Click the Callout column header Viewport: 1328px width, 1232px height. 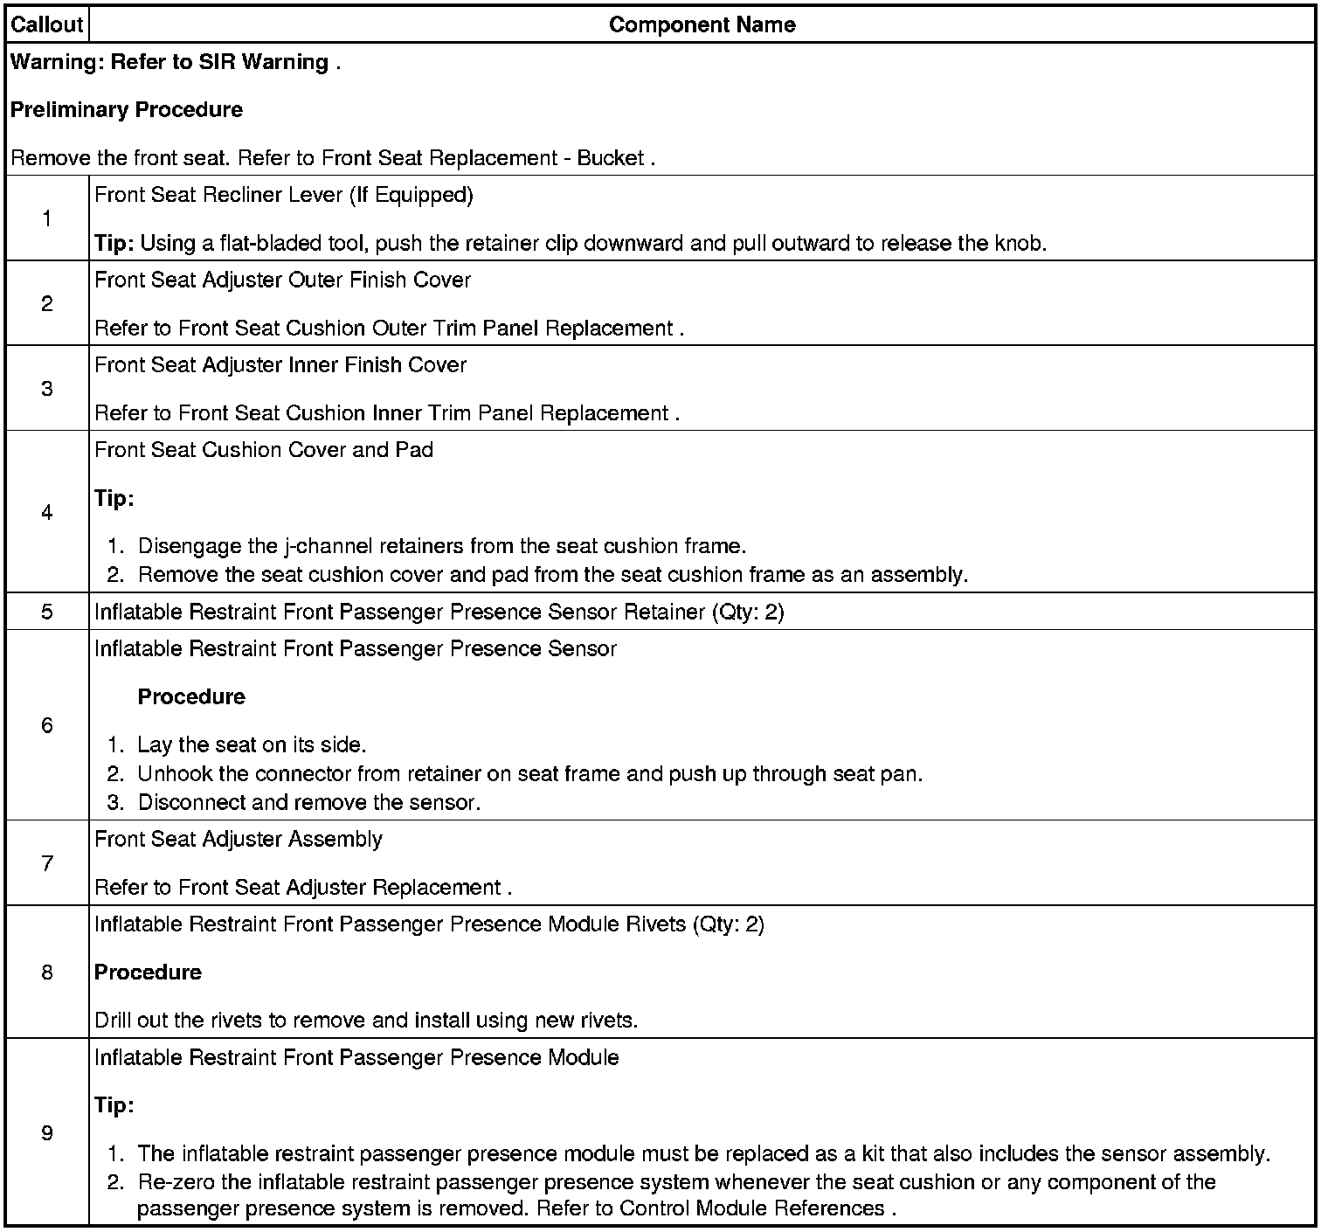point(46,24)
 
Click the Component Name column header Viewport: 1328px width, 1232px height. point(702,24)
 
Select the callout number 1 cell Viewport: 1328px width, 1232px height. point(46,218)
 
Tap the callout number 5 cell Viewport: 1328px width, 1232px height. point(46,612)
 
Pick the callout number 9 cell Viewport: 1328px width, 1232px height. point(46,1133)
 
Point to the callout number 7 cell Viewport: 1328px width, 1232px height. point(46,863)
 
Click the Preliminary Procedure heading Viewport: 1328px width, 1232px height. point(127,110)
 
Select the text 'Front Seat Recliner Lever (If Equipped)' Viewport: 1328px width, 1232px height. point(284,195)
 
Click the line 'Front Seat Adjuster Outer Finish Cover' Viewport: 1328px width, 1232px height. point(282,280)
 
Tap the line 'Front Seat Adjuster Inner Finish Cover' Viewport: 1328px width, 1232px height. point(280,365)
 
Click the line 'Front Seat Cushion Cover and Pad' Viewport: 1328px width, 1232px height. point(264,450)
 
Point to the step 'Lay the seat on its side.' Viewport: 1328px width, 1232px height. point(252,745)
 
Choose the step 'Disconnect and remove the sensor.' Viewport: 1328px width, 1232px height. point(309,803)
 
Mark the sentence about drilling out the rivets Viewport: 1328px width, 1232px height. point(366,1021)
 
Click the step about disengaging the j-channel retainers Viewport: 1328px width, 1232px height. point(442,547)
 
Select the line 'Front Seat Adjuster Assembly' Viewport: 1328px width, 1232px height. point(239,840)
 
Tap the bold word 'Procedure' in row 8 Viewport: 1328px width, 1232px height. point(148,972)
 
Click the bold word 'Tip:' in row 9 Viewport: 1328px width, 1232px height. point(114,1105)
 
